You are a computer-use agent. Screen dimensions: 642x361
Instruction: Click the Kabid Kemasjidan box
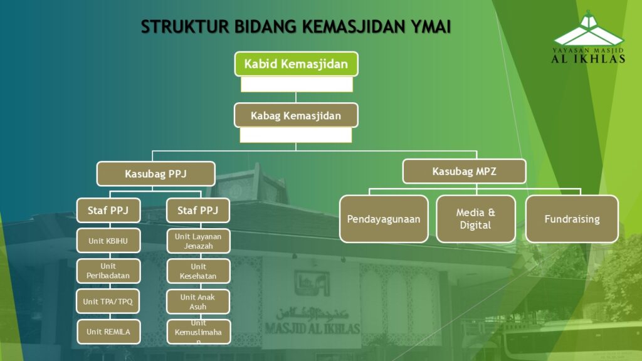pos(296,64)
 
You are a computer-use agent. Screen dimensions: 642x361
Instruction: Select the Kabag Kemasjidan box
pos(296,115)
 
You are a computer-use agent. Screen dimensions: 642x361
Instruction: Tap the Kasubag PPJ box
pos(156,174)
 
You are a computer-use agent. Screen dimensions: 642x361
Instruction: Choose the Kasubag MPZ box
pos(465,171)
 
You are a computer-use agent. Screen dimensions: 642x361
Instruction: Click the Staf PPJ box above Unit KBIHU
pos(108,211)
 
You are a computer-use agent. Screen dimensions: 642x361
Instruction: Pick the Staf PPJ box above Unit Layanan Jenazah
pos(198,211)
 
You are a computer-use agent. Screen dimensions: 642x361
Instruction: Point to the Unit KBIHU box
pos(108,241)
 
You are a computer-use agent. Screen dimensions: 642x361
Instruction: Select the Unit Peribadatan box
pos(108,271)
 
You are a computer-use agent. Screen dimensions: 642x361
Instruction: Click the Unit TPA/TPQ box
pos(108,301)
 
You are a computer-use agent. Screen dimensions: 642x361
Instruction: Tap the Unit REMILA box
pos(108,332)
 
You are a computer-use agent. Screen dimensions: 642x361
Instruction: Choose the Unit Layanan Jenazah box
pos(198,241)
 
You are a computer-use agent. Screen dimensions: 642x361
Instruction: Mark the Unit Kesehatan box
pos(198,271)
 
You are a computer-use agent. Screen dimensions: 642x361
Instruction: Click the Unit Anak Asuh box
pos(198,301)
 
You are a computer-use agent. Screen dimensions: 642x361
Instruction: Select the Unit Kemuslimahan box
pos(199,332)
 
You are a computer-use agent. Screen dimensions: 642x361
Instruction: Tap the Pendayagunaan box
pos(384,219)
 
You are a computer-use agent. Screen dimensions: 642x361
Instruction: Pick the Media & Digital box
pos(476,219)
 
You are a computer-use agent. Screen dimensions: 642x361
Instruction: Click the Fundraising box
pos(572,219)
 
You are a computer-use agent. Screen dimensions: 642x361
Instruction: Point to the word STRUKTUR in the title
pos(185,27)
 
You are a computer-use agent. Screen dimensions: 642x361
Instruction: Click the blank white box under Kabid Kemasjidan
pos(297,85)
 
